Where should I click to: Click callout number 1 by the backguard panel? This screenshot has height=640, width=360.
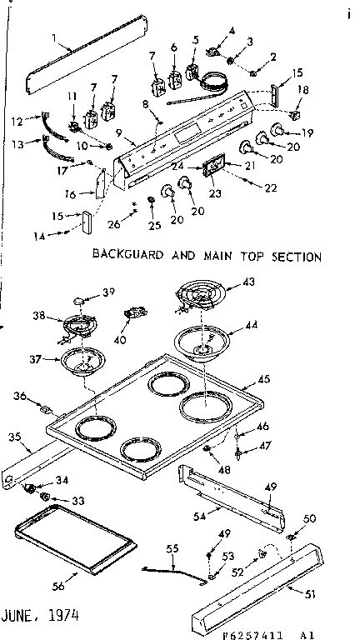pos(53,37)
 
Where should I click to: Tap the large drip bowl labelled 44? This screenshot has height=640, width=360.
pos(202,341)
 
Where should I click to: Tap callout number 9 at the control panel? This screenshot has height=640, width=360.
pos(119,132)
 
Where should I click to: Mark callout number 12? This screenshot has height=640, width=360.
pos(16,121)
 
